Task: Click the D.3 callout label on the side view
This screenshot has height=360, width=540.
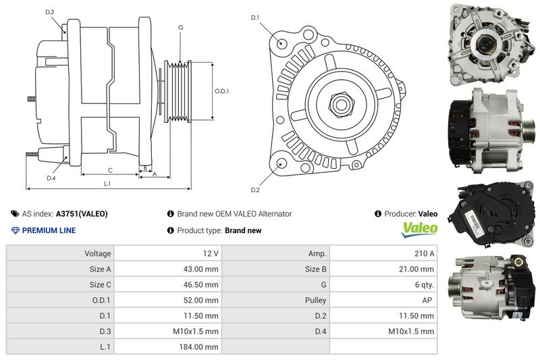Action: pos(49,12)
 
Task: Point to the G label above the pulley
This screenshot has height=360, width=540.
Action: pos(180,27)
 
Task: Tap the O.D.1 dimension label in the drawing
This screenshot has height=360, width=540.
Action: pos(221,91)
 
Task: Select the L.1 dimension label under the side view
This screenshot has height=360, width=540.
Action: pos(107,184)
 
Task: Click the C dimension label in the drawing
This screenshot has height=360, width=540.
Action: pos(110,170)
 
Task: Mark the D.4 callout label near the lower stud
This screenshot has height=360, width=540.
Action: pos(51,178)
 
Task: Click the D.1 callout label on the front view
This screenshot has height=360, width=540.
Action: pos(255,18)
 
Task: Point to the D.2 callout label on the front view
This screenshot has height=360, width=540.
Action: pos(255,190)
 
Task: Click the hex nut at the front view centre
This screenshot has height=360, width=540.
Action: pos(342,105)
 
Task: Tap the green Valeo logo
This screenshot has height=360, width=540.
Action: pos(419,230)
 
